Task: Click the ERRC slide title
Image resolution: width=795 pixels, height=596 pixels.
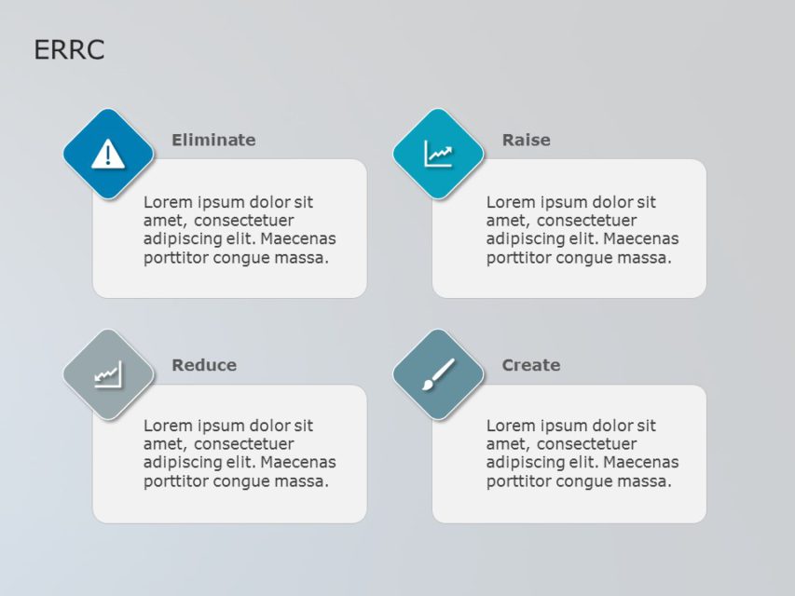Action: point(69,50)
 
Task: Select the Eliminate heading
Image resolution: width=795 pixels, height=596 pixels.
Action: point(213,140)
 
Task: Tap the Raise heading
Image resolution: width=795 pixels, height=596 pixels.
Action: point(526,140)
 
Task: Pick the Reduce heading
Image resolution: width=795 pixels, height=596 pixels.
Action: point(204,365)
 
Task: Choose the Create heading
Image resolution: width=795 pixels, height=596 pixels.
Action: point(531,365)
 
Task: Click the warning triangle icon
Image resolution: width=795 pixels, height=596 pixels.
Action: point(108,153)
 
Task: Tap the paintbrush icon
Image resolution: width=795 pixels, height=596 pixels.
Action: point(438,373)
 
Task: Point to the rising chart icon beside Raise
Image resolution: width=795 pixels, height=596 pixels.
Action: point(438,154)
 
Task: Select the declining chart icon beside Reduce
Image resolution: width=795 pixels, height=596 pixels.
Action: point(108,374)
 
